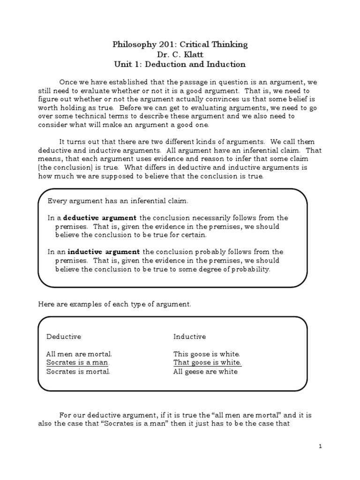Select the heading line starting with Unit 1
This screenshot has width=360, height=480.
tap(180, 64)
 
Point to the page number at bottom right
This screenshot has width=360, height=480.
tap(320, 447)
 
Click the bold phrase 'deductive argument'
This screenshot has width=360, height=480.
tap(100, 218)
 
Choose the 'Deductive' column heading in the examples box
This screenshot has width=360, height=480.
tap(64, 337)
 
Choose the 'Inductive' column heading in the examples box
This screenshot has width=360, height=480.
tap(189, 337)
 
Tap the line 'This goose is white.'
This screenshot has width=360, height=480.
tap(207, 354)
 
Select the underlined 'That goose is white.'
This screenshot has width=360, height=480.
tap(207, 363)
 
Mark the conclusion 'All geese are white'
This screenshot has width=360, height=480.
tap(205, 372)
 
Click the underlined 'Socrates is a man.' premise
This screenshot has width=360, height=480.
tap(78, 363)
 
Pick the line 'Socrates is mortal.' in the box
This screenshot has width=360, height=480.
tap(78, 372)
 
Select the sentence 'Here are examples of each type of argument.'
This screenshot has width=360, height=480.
tap(114, 304)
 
